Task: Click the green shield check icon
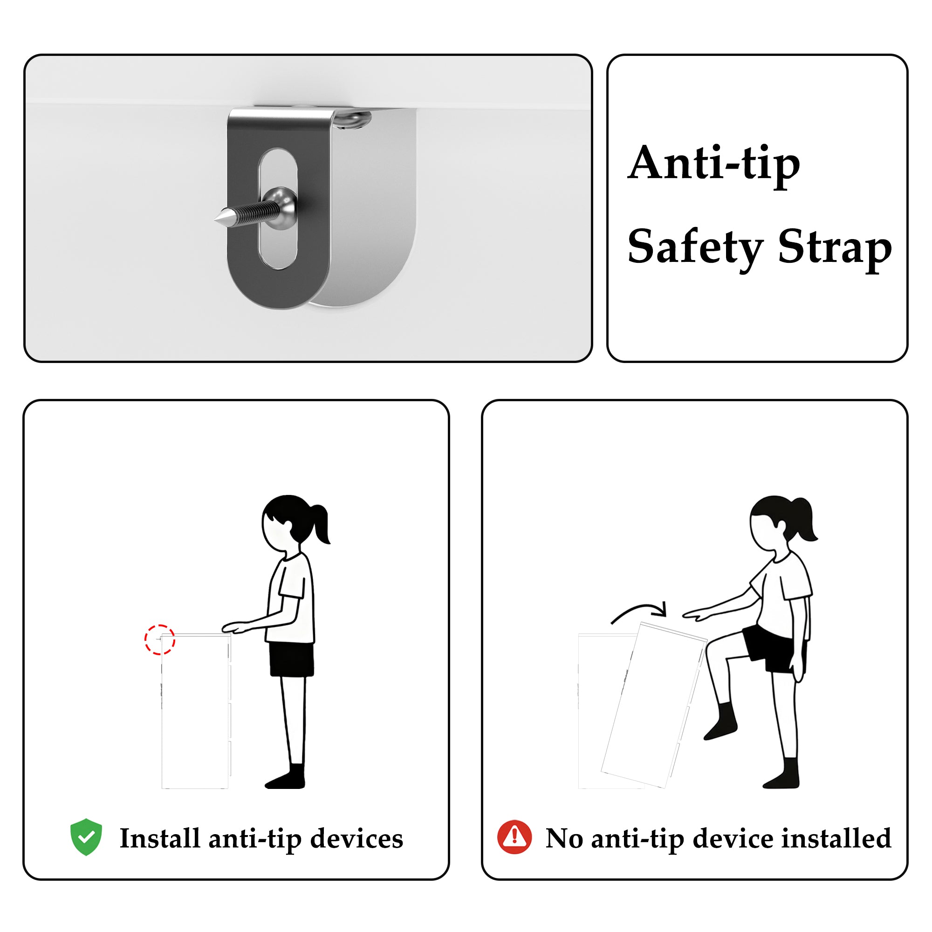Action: pos(86,837)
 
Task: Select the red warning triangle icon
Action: pos(514,837)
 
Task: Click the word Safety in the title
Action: pos(695,248)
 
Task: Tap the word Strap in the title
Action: pos(835,248)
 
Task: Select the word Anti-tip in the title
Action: pos(713,164)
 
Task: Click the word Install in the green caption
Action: pos(159,838)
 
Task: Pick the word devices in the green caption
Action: pos(356,838)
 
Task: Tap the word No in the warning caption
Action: pos(564,838)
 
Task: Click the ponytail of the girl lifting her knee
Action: pos(805,521)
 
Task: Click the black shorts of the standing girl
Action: pos(291,659)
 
